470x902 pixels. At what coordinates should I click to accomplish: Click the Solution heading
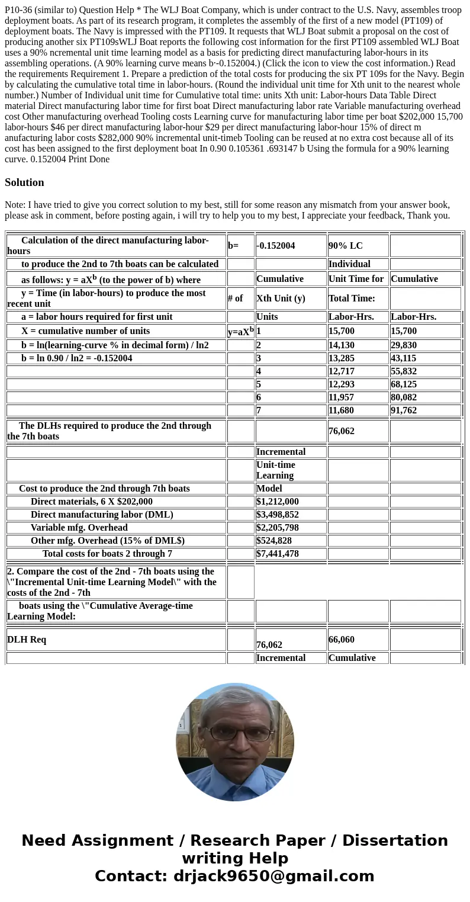point(24,182)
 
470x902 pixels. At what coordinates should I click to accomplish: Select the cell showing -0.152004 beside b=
point(276,246)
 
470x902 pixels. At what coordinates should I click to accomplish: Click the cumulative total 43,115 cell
point(405,358)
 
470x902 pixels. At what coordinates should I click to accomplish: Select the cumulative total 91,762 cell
point(405,410)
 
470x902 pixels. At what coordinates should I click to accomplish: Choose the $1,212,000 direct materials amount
point(278,502)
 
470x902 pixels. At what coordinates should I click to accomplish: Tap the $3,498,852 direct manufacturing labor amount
point(278,515)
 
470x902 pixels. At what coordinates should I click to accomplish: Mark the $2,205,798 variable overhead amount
point(278,528)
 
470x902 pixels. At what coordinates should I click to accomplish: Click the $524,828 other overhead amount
point(274,541)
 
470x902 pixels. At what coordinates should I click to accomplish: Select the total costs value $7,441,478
point(278,554)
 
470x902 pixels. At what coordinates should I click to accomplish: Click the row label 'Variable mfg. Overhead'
point(79,528)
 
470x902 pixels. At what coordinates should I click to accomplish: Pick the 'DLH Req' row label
point(27,640)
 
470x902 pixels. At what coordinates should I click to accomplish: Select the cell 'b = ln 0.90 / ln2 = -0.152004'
point(77,358)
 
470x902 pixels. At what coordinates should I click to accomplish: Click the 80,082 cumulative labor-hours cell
point(405,397)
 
